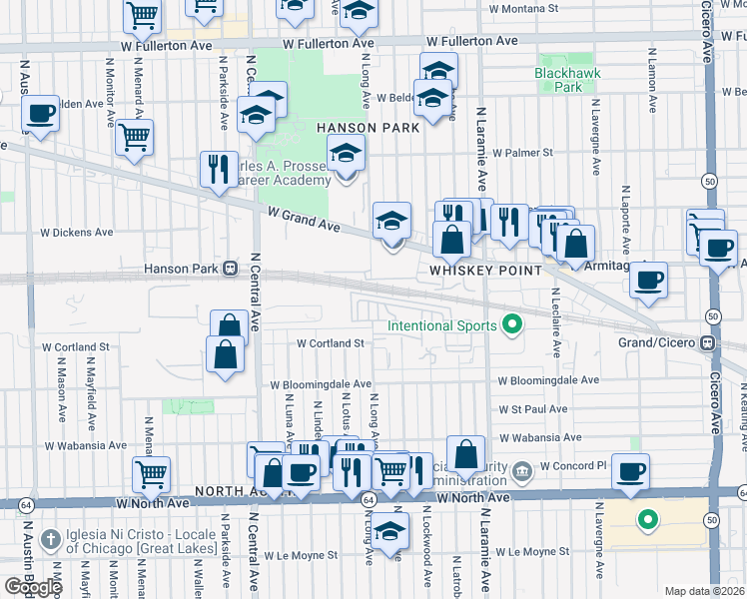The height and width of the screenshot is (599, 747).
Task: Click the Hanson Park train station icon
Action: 231,268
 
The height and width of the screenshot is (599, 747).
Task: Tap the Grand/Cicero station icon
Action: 708,342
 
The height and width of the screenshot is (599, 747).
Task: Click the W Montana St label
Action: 523,8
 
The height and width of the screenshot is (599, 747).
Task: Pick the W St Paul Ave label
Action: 532,409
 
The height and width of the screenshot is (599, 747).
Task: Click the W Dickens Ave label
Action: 76,233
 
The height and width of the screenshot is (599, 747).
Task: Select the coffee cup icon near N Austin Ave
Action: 40,113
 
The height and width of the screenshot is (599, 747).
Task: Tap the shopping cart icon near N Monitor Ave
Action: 134,138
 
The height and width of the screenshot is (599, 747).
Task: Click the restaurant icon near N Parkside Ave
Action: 218,169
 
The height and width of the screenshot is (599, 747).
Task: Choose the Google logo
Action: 33,587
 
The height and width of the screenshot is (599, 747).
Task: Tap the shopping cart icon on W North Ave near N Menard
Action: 151,474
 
